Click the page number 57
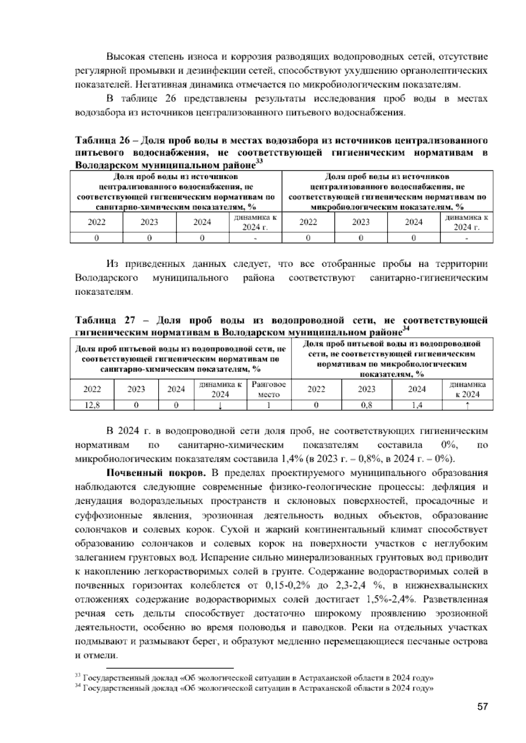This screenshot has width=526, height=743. point(482,707)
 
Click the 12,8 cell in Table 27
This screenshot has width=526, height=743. point(92,405)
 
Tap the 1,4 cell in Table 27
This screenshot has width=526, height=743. point(417,405)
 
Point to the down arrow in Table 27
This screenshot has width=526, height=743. point(220,406)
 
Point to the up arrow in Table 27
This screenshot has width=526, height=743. point(468,406)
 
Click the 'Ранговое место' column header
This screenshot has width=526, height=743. point(269,389)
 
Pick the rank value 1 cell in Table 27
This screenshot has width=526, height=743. point(269,405)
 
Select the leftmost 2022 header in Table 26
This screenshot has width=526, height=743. point(96,222)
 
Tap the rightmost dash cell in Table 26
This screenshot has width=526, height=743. point(466,238)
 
